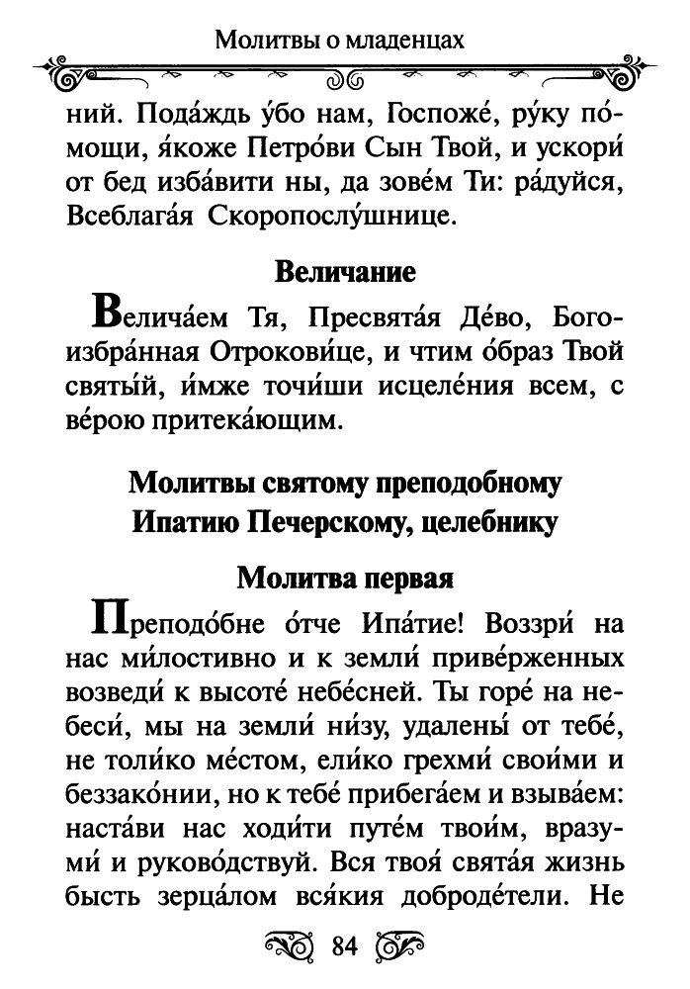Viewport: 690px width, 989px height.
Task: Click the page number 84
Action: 344,946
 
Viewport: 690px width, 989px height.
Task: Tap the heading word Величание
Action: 344,272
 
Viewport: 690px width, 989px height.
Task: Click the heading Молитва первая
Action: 344,578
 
